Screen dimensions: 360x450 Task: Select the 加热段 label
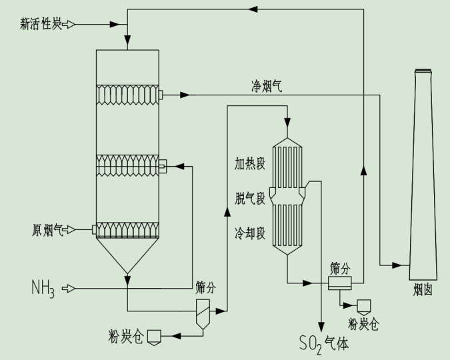pos(250,162)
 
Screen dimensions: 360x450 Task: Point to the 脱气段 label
pos(250,198)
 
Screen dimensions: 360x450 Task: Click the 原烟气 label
pos(48,230)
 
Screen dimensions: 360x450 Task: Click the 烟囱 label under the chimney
pos(423,290)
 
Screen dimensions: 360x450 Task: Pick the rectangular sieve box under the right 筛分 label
pos(340,283)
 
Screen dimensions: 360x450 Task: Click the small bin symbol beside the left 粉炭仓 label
pos(154,335)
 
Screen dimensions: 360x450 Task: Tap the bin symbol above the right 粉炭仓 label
pos(364,306)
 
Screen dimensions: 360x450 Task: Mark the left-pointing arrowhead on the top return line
pos(252,9)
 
